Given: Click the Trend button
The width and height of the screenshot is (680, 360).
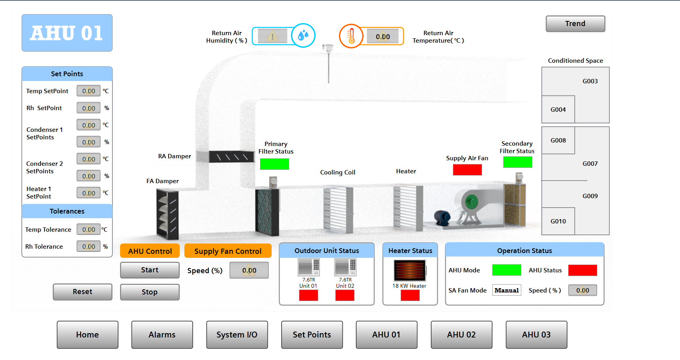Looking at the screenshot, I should tap(575, 24).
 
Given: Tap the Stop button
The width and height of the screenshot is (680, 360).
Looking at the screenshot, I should tap(150, 292).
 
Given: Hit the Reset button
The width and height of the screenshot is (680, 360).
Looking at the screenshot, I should tap(83, 292).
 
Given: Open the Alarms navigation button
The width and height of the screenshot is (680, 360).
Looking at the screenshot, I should tap(162, 335).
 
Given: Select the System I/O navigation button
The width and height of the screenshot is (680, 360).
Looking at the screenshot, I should tap(237, 335).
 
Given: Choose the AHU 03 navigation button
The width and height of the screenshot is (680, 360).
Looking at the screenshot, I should tap(536, 335).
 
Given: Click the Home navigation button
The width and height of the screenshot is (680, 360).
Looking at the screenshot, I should tap(87, 335).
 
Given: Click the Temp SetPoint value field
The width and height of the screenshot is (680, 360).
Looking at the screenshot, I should tap(88, 91).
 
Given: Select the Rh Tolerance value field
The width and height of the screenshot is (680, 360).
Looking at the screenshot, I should tap(88, 247).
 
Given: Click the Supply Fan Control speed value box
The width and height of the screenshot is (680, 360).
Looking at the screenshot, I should tap(249, 270).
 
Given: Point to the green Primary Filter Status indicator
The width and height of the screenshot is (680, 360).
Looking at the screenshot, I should tap(274, 164).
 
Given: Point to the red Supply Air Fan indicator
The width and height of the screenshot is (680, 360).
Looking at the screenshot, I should tap(467, 170).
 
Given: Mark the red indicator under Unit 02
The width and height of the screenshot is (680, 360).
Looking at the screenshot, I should tap(345, 295).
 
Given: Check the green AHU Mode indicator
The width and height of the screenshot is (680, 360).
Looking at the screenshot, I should tap(507, 270).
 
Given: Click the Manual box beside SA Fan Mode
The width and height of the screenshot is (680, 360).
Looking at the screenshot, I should tap(507, 291).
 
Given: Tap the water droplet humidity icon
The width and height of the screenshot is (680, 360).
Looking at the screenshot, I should tap(303, 36).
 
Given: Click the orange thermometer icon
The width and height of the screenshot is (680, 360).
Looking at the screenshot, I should tap(351, 36).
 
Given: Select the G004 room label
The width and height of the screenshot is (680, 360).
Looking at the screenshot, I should tap(558, 110).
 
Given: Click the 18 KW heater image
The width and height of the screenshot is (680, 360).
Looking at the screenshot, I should tap(410, 270).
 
